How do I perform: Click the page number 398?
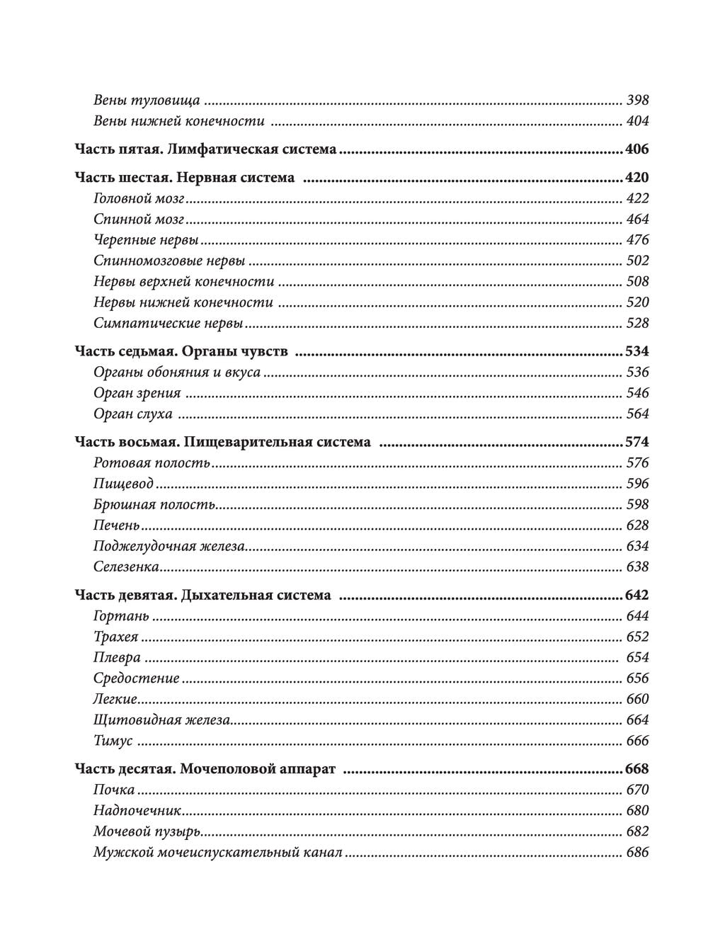(x=637, y=101)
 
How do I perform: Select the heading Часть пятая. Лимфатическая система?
(x=205, y=149)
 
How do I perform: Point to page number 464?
(x=637, y=220)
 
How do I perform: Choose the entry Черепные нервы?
(x=146, y=240)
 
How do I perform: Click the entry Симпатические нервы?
(x=169, y=324)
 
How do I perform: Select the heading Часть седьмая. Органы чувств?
(x=181, y=351)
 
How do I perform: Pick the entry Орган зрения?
(x=137, y=393)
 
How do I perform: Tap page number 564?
(x=637, y=414)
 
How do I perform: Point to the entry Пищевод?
(x=124, y=484)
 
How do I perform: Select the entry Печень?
(x=117, y=525)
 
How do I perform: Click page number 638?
(x=637, y=567)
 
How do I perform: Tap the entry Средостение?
(x=137, y=678)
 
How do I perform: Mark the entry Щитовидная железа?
(x=162, y=720)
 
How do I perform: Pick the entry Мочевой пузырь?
(x=147, y=832)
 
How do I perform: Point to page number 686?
(x=637, y=853)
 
